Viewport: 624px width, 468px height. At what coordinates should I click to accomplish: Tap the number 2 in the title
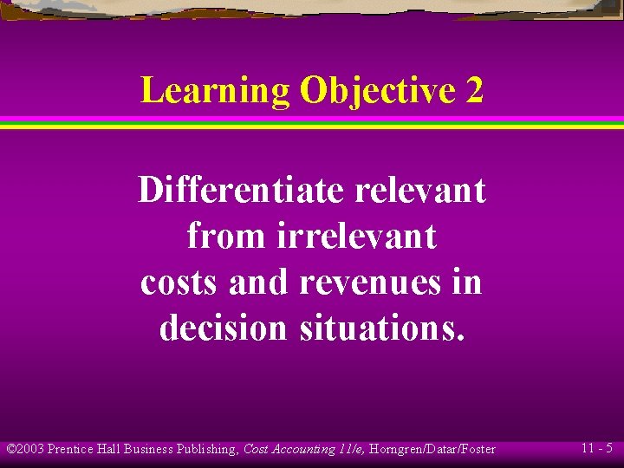(474, 91)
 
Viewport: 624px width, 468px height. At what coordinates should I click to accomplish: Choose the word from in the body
(227, 236)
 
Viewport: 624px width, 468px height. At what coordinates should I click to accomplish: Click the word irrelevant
(357, 236)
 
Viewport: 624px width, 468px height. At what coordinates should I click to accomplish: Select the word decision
(223, 328)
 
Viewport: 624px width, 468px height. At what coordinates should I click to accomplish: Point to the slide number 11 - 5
(597, 448)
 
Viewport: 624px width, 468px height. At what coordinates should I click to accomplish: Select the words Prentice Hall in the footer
(84, 449)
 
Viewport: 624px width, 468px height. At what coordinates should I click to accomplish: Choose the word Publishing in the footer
(207, 449)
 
